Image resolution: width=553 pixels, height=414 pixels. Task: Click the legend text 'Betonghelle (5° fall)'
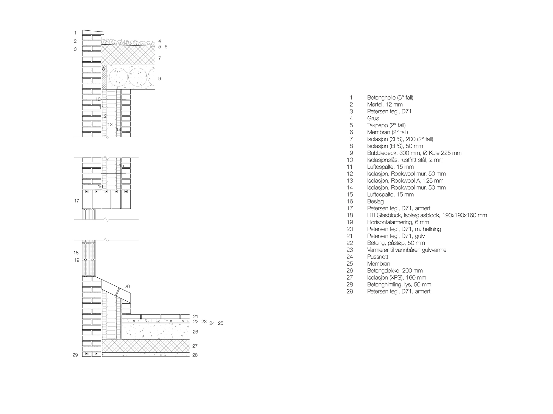point(390,97)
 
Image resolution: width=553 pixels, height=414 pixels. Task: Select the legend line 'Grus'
point(373,118)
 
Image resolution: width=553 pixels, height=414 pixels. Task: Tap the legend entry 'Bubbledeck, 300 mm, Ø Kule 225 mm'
point(414,153)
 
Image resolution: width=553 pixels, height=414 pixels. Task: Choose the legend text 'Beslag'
point(375,202)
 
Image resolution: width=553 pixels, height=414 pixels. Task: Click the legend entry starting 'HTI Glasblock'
point(427,215)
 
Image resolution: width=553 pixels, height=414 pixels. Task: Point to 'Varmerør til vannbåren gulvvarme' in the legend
point(407,250)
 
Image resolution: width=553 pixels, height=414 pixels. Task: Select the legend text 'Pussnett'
point(377,257)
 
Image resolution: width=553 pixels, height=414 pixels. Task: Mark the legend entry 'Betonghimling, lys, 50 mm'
point(399,284)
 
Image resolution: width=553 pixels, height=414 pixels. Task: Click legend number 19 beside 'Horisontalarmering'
point(350,222)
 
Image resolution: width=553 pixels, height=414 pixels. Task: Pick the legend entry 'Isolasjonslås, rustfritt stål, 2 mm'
point(405,160)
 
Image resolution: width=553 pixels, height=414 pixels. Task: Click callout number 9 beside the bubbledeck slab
point(160,79)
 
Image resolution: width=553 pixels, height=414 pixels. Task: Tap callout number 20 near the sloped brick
point(127,287)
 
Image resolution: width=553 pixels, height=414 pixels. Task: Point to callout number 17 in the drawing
point(77,201)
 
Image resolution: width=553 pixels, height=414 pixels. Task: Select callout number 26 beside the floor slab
point(195,332)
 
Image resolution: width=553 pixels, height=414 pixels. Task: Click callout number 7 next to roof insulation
point(160,58)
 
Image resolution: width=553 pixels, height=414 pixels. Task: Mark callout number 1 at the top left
point(75,33)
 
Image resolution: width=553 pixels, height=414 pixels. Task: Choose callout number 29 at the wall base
point(75,355)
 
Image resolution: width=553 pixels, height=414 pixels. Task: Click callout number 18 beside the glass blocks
point(76,253)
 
